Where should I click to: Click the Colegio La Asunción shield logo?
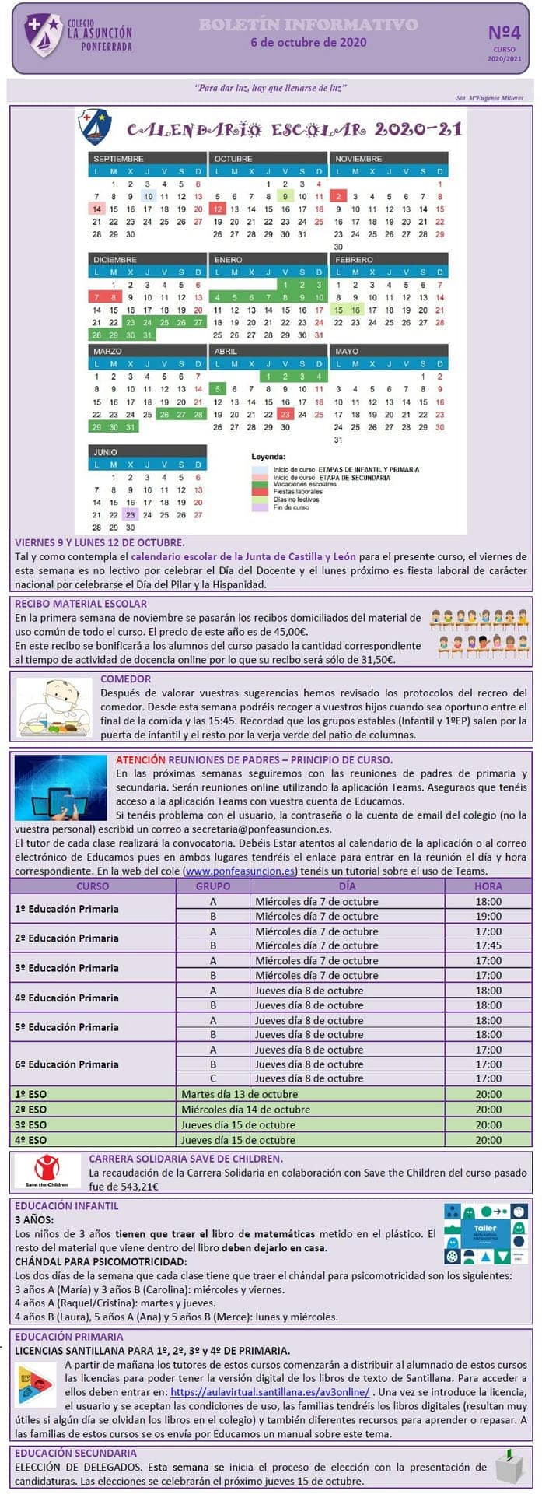pyautogui.click(x=44, y=34)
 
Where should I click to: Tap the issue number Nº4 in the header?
pyautogui.click(x=504, y=33)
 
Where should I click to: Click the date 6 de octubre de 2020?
pyautogui.click(x=309, y=43)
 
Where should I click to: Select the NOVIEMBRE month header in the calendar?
pyautogui.click(x=359, y=159)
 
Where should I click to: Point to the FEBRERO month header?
pyautogui.click(x=355, y=260)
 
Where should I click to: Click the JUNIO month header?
pyautogui.click(x=106, y=452)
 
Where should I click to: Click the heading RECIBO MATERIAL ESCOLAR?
pyautogui.click(x=81, y=604)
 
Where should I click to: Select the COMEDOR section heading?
pyautogui.click(x=125, y=679)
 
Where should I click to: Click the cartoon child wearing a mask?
pyautogui.click(x=54, y=707)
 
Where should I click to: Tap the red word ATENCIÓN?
pyautogui.click(x=140, y=759)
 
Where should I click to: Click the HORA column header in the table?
pyautogui.click(x=488, y=886)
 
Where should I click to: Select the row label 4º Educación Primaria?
pyautogui.click(x=67, y=998)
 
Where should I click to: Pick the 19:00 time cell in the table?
pyautogui.click(x=488, y=916)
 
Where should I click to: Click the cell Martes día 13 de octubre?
pyautogui.click(x=240, y=1094)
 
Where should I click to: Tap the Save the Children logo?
pyautogui.click(x=47, y=1170)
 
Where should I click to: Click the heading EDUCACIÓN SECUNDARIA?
pyautogui.click(x=75, y=1453)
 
